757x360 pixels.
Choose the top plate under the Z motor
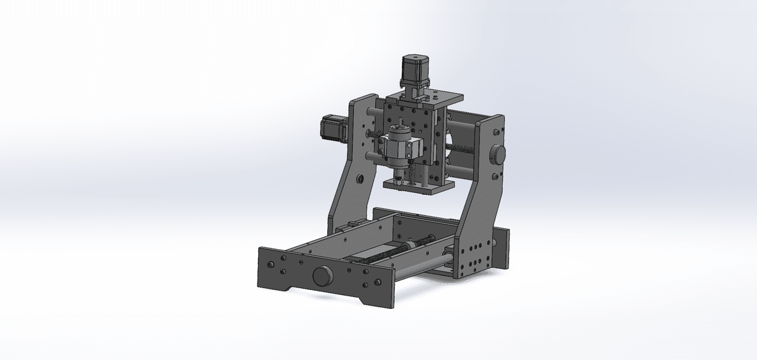424,98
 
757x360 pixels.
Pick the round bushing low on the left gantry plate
360,179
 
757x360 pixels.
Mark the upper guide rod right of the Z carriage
467,120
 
